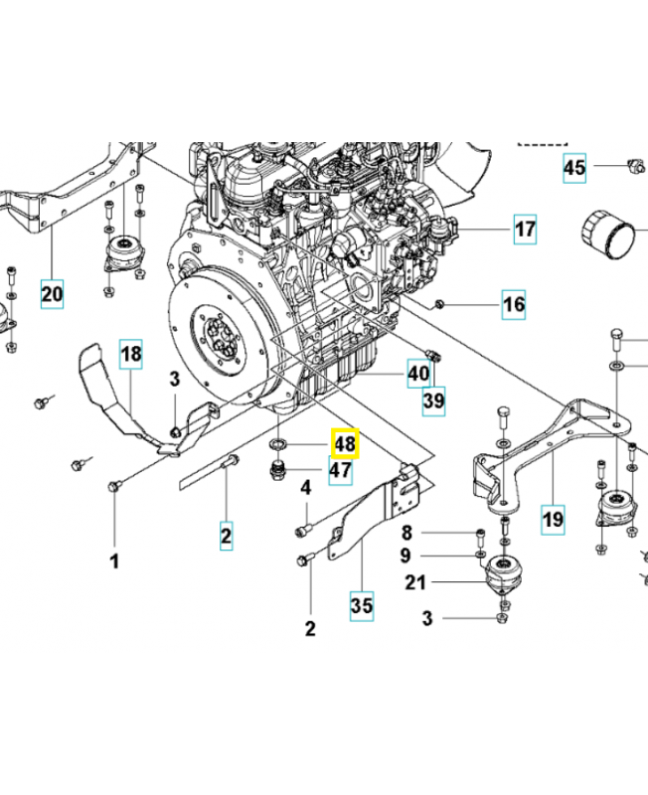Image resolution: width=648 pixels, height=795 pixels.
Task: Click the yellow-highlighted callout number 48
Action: click(x=344, y=443)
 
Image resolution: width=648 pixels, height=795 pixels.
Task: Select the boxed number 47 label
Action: click(x=339, y=470)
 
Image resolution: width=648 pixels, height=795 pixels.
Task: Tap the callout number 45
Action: click(x=575, y=167)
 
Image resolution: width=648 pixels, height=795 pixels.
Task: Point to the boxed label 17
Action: click(x=525, y=231)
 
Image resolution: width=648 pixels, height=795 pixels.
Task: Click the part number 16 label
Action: click(x=513, y=303)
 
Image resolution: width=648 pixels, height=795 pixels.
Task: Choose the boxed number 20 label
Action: click(x=52, y=293)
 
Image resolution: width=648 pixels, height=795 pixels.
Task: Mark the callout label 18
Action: click(x=132, y=352)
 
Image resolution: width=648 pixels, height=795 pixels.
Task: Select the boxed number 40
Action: click(x=418, y=375)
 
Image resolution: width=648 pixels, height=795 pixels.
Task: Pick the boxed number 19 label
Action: click(x=553, y=517)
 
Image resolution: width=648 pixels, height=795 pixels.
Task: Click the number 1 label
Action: click(x=113, y=562)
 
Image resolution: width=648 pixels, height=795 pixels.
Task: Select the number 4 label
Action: click(x=307, y=487)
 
